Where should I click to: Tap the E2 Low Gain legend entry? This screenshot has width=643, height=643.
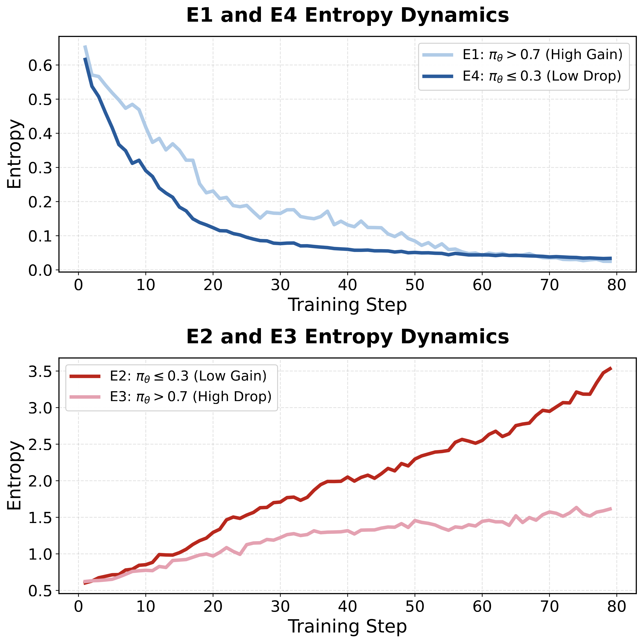click(188, 376)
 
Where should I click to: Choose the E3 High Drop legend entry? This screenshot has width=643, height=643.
click(190, 397)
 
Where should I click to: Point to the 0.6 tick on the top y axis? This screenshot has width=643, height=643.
click(40, 65)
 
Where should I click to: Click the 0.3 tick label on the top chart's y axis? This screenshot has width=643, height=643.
click(40, 168)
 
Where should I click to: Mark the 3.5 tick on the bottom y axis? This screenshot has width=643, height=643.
click(40, 372)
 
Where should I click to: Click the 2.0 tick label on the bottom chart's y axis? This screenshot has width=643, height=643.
click(40, 482)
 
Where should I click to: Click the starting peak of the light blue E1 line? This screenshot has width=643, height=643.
click(85, 46)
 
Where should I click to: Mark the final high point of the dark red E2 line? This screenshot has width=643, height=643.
click(611, 368)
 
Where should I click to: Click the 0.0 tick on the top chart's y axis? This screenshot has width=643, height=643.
click(40, 271)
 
